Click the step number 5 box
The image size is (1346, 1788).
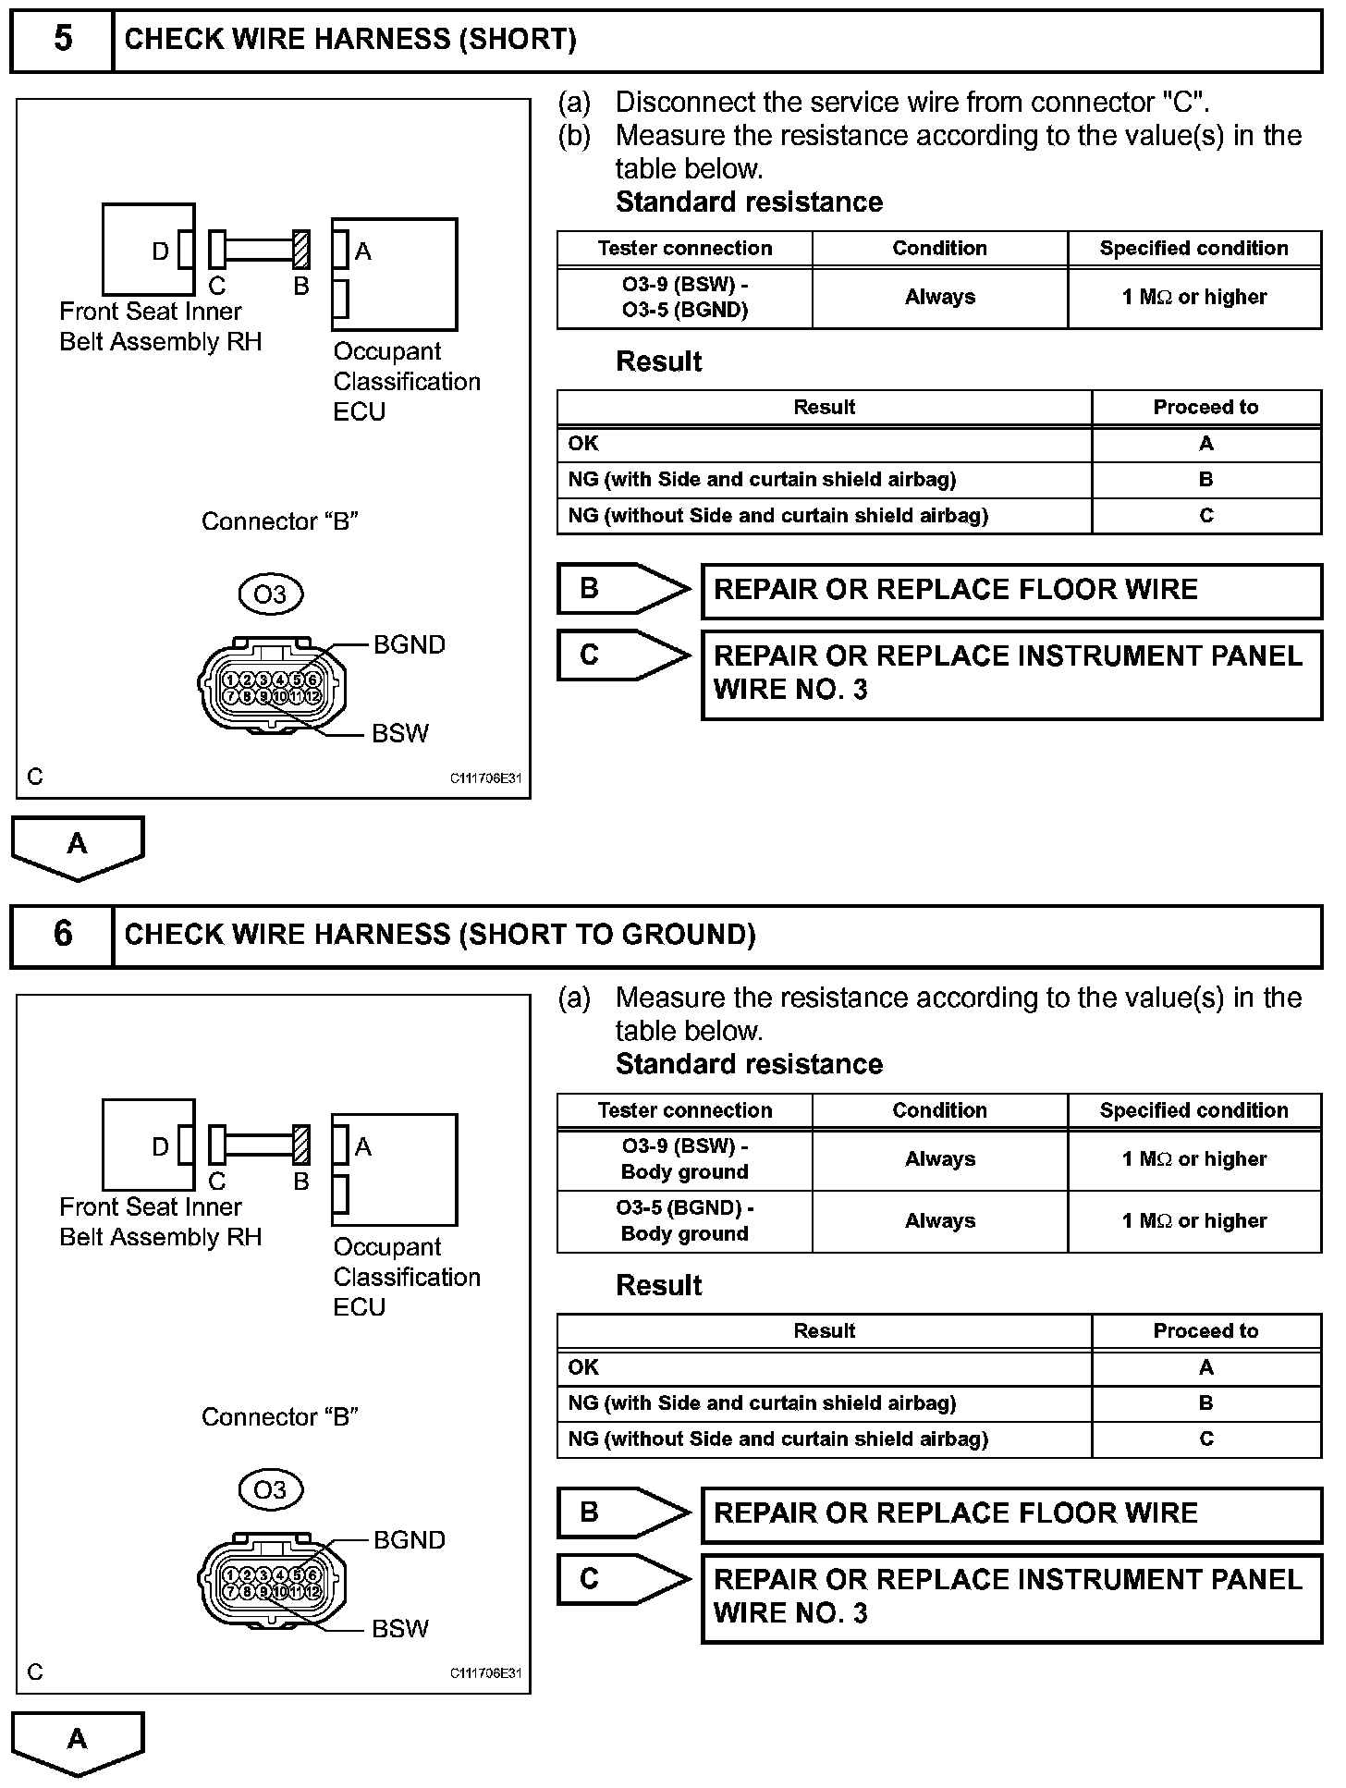click(x=62, y=40)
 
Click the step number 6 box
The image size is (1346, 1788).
click(x=62, y=935)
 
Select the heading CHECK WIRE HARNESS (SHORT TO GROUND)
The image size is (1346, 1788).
click(x=440, y=935)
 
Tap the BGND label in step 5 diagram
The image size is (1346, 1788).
click(x=409, y=644)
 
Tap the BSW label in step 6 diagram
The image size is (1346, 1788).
click(x=399, y=1628)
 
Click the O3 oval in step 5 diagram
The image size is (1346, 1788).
click(x=270, y=594)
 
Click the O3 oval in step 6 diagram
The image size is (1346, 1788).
click(x=270, y=1489)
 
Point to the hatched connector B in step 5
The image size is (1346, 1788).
click(x=301, y=250)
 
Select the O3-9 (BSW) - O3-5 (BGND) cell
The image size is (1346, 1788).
click(x=685, y=298)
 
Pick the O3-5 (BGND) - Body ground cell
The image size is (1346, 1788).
click(x=685, y=1221)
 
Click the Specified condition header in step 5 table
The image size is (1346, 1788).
click(x=1193, y=249)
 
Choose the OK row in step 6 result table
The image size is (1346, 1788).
click(x=824, y=1367)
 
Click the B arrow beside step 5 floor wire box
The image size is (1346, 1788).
click(x=622, y=589)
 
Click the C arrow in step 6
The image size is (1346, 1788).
click(x=622, y=1579)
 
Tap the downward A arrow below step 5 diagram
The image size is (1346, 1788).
click(x=78, y=846)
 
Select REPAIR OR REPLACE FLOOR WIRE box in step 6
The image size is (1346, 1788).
click(x=1011, y=1514)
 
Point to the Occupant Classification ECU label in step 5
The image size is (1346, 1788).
click(x=406, y=381)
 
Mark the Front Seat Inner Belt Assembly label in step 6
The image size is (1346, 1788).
click(x=160, y=1222)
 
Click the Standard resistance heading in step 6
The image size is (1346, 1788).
click(x=749, y=1064)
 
